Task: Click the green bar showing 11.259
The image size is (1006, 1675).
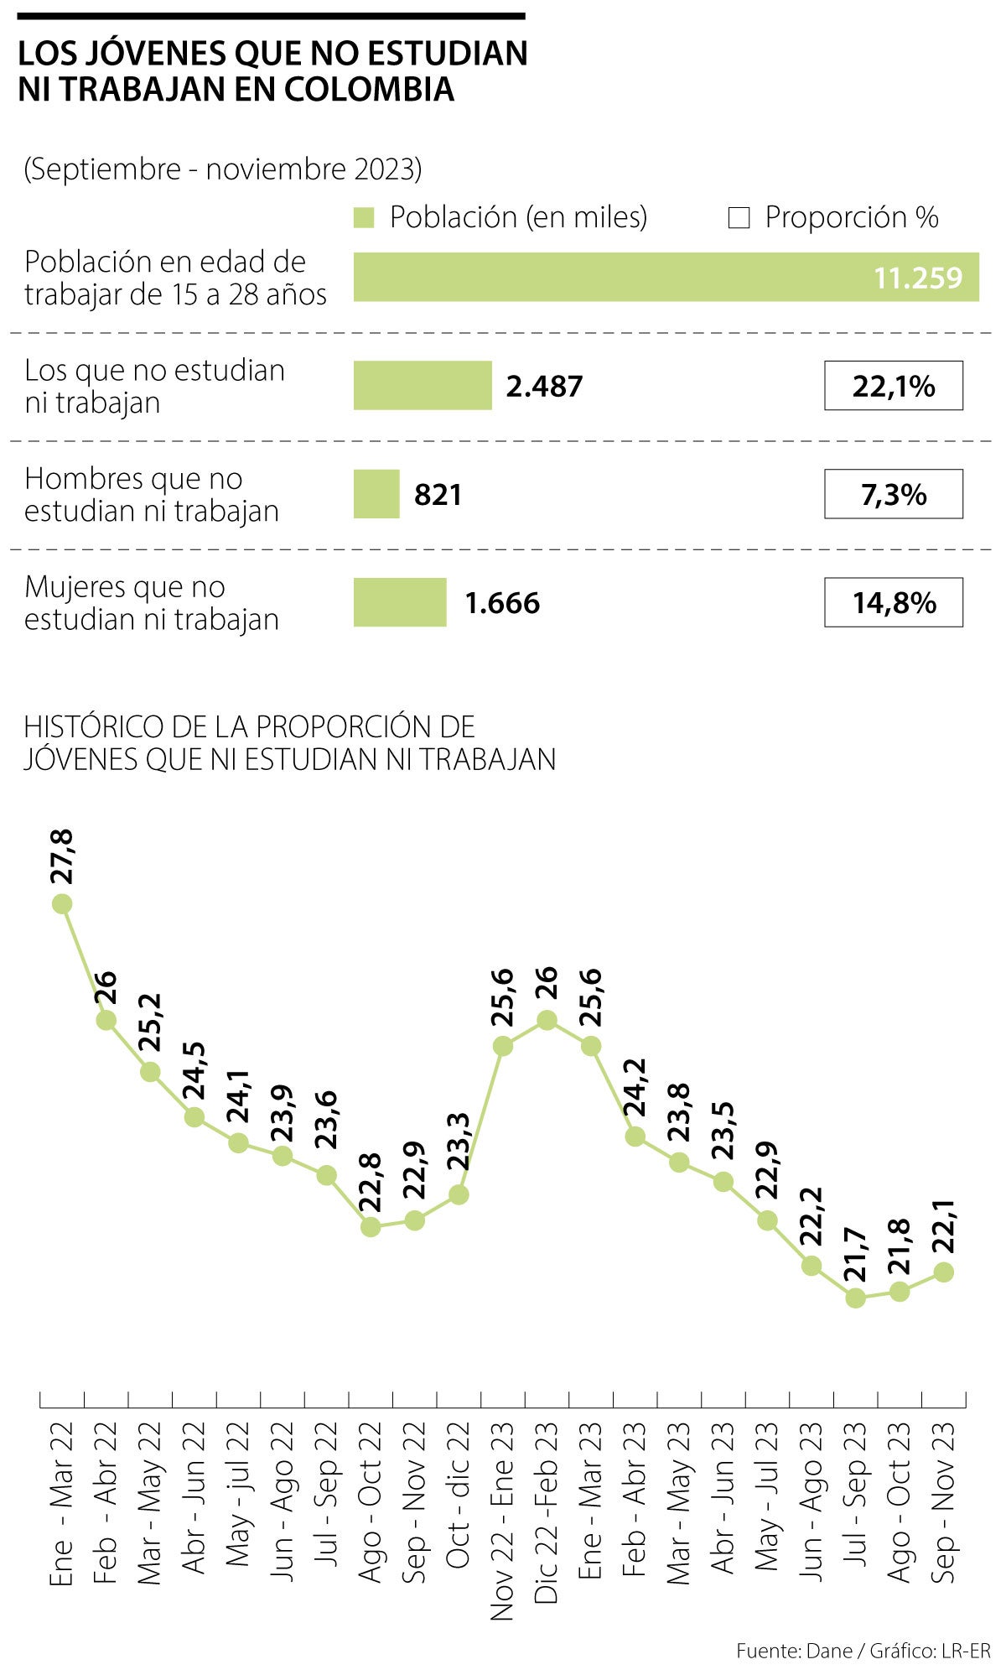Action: (666, 277)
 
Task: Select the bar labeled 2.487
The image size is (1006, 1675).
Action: (423, 386)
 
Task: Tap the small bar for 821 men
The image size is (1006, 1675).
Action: (376, 494)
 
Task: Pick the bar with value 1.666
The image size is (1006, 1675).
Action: (400, 602)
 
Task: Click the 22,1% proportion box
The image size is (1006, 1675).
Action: (893, 386)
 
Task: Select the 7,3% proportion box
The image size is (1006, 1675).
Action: (893, 494)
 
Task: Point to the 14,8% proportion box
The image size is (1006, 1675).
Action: (893, 602)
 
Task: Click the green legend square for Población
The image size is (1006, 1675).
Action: (363, 218)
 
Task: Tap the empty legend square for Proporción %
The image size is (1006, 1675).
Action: (739, 218)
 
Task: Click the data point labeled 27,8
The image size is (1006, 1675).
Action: (62, 903)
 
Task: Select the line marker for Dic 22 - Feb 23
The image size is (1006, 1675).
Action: (547, 1020)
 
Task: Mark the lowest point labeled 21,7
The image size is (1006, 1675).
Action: (855, 1298)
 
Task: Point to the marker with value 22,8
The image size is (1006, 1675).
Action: (371, 1226)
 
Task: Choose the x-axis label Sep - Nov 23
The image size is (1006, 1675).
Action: (944, 1502)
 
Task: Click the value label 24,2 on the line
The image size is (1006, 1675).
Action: (635, 1086)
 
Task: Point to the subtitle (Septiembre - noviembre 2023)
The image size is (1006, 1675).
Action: (223, 169)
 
